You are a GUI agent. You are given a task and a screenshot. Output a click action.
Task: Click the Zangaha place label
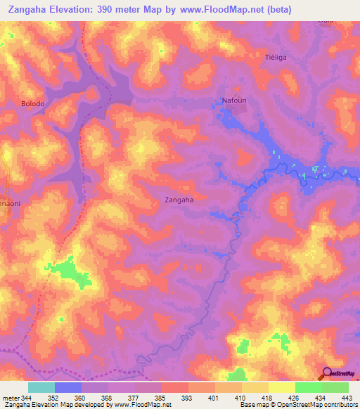(x=179, y=200)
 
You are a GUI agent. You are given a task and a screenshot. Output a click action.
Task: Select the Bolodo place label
(x=32, y=104)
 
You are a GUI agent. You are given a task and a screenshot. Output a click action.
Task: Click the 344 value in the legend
(x=24, y=398)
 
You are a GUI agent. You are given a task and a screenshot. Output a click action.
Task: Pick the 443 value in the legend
(x=347, y=398)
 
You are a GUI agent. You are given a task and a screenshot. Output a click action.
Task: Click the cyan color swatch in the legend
(x=41, y=387)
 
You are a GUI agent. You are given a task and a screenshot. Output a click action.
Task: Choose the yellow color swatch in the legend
(x=282, y=387)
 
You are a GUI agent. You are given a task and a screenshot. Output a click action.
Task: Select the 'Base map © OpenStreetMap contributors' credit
(x=298, y=405)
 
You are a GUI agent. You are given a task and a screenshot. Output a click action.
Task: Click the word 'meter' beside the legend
(x=9, y=398)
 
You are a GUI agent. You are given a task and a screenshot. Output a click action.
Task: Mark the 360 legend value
(x=68, y=398)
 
